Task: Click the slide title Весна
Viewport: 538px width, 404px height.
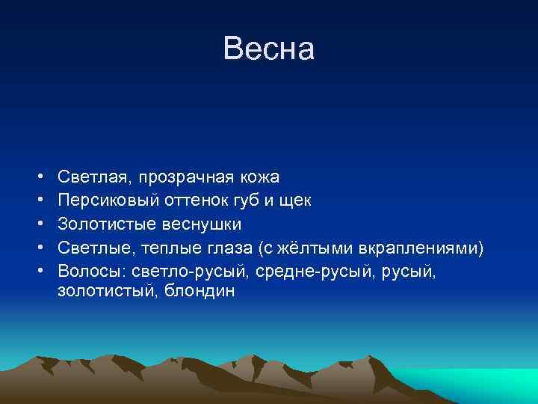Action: tap(269, 49)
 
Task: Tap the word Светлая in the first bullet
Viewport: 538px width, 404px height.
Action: tap(91, 177)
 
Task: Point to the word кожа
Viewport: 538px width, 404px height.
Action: tap(260, 177)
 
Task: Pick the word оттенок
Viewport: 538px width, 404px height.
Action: tap(194, 201)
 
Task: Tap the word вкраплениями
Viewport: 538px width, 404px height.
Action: tap(427, 247)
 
